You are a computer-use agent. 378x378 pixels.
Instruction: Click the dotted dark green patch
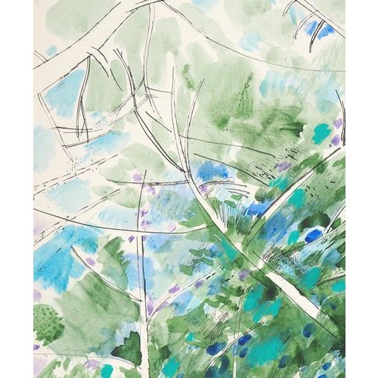48,323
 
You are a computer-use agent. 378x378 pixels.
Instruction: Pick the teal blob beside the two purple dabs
322,133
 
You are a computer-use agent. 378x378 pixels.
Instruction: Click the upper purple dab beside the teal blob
338,122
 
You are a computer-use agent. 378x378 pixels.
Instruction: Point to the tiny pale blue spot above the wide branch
51,51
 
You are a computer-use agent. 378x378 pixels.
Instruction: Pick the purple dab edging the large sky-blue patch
91,262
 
